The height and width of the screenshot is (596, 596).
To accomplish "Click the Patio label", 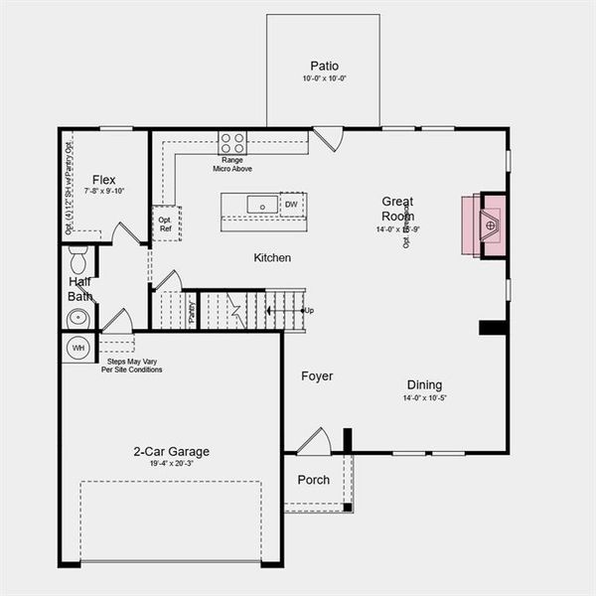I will pos(323,67).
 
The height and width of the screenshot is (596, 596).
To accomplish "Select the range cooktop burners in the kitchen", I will pos(232,142).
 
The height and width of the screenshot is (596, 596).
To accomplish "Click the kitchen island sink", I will pos(264,205).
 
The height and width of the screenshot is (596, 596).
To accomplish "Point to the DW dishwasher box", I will pos(291,205).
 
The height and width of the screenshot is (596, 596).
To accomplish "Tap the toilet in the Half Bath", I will pos(79,261).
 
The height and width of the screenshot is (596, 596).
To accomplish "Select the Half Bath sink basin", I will pos(77,318).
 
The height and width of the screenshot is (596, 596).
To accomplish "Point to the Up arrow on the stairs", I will pos(308,311).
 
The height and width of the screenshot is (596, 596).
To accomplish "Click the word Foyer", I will pos(317,376).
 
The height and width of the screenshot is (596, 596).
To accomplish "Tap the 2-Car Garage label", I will pos(171,451).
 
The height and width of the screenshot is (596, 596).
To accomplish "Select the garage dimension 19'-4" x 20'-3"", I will pos(171,464).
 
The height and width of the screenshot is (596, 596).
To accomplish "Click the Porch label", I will pos(314,480).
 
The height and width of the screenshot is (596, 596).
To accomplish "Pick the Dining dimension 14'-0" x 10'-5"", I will pos(424,398).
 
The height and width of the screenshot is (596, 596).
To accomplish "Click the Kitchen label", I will pos(272,258).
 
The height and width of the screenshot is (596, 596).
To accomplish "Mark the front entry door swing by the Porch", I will pos(314,441).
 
